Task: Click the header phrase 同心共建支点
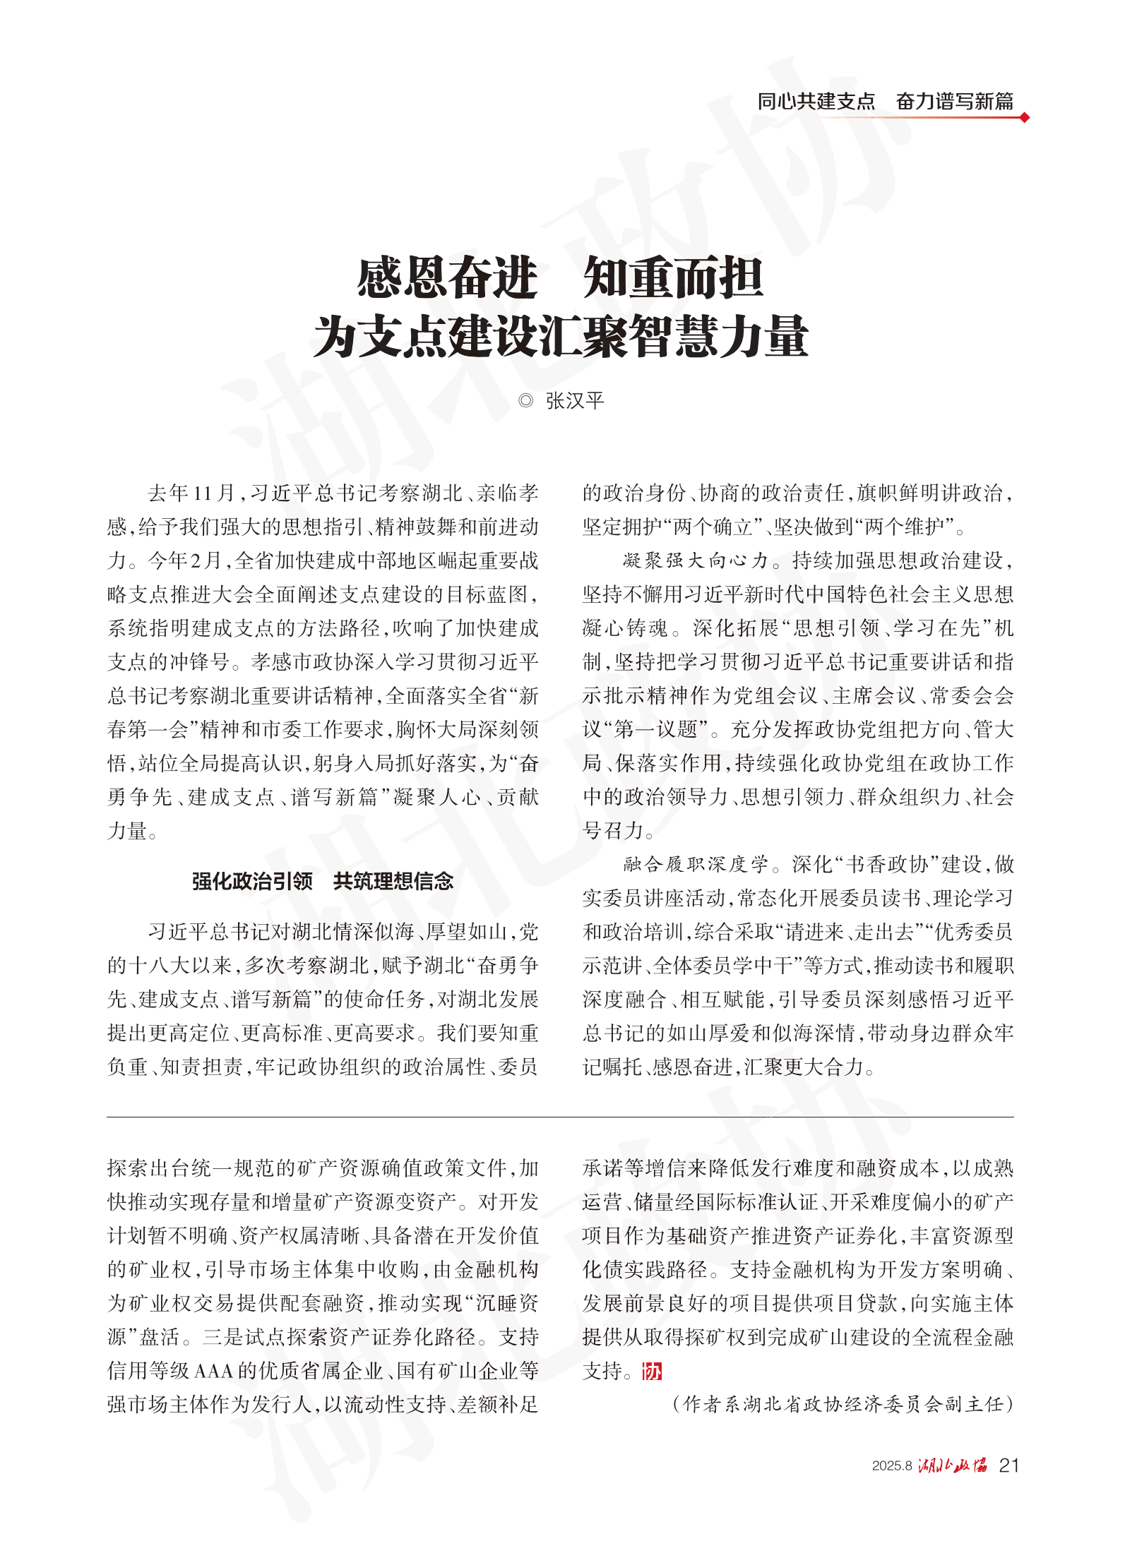click(x=816, y=102)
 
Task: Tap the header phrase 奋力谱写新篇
click(x=954, y=102)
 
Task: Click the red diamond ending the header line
click(x=1024, y=118)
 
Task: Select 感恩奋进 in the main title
click(x=447, y=278)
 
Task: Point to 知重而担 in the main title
click(x=673, y=278)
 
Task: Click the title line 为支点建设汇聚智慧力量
click(x=561, y=337)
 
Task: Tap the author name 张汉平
click(x=575, y=401)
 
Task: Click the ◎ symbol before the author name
click(x=525, y=401)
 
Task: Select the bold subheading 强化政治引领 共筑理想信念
click(x=323, y=881)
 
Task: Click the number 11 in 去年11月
click(x=203, y=493)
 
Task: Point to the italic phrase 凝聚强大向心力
click(x=695, y=561)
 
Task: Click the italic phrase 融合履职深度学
click(x=695, y=864)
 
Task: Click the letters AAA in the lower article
click(x=213, y=1371)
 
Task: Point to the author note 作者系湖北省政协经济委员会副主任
click(x=843, y=1404)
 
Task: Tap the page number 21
click(x=1009, y=1465)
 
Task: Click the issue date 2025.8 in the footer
click(x=891, y=1466)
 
